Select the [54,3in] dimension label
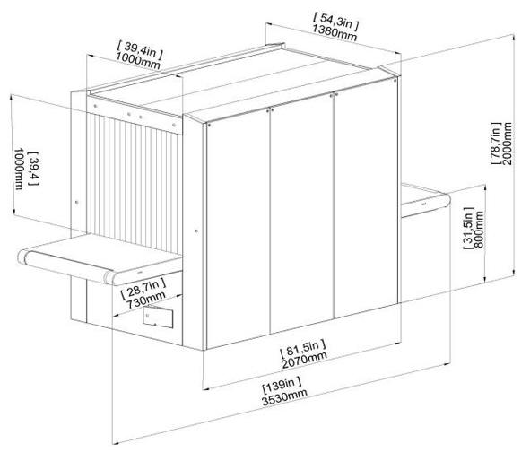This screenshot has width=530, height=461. click(x=335, y=21)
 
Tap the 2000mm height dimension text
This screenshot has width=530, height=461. click(x=507, y=144)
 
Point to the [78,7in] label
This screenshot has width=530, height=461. click(x=496, y=144)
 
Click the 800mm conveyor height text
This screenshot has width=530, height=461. click(x=479, y=230)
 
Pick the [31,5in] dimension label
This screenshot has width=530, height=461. click(x=468, y=229)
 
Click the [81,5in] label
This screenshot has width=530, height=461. click(x=303, y=349)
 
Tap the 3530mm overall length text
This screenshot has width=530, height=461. click(x=284, y=399)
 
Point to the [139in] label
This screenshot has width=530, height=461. click(x=282, y=387)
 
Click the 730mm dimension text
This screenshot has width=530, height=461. click(x=146, y=300)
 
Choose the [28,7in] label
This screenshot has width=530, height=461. click(x=143, y=288)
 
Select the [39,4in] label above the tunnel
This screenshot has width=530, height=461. click(x=140, y=49)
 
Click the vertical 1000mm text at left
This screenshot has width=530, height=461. click(x=19, y=169)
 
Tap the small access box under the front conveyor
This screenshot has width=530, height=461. click(x=158, y=317)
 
